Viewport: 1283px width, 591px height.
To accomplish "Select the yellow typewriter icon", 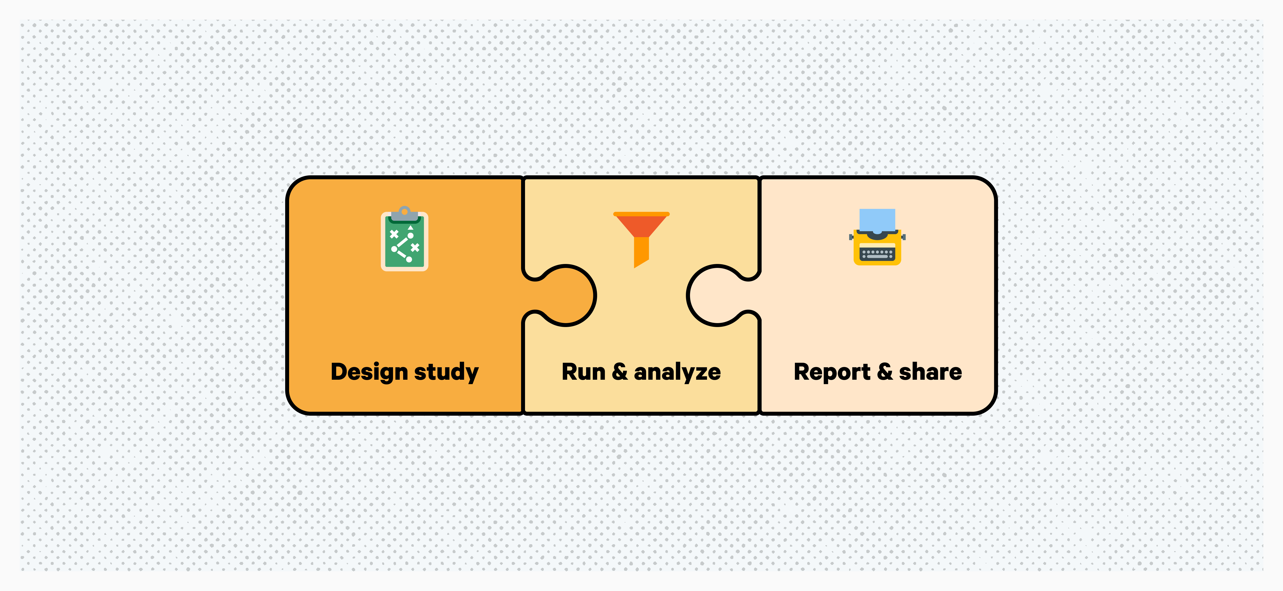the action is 877,237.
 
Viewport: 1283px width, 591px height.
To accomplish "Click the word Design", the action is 369,372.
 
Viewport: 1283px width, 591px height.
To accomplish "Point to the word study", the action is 446,372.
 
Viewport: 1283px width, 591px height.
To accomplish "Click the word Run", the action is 583,372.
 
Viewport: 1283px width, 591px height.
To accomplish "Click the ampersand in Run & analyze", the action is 620,372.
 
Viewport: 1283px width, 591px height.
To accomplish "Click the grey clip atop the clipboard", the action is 404,214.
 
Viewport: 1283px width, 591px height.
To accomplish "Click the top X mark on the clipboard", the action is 394,234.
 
